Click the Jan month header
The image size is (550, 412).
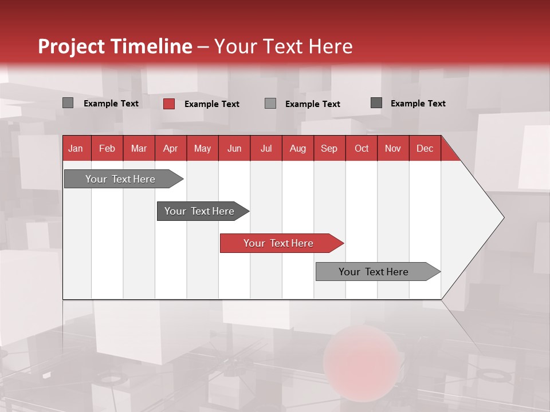76,148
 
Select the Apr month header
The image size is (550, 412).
170,148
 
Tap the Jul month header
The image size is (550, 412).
266,148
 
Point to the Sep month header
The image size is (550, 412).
329,148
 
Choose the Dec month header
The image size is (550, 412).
425,148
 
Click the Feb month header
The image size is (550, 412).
107,148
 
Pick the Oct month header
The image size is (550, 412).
362,148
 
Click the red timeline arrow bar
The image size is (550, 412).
281,243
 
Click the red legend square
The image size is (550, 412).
169,104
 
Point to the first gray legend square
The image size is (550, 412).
68,103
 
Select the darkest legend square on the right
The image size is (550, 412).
376,103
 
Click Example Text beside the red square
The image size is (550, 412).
212,104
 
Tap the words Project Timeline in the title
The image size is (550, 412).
115,46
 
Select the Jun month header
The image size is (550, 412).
234,148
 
